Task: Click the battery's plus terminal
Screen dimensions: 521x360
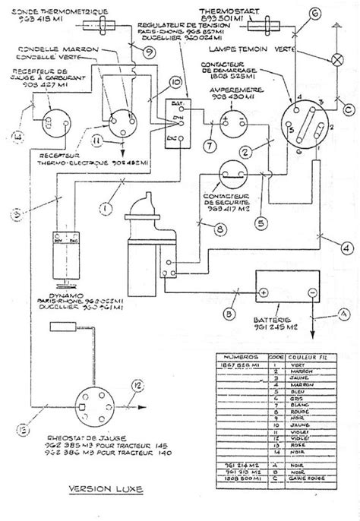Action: pyautogui.click(x=263, y=291)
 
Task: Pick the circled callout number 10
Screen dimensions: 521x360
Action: pyautogui.click(x=175, y=82)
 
